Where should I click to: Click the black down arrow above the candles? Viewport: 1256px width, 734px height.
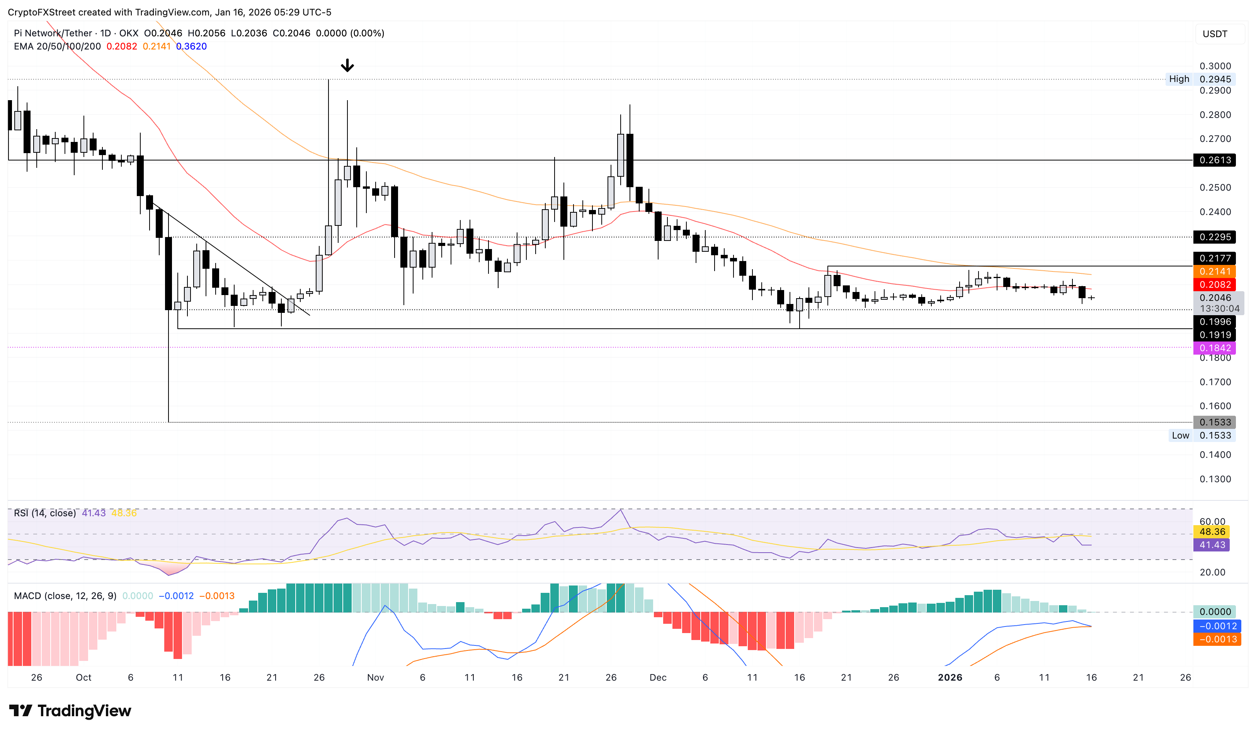click(x=347, y=65)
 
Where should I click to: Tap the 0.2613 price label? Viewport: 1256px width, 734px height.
click(x=1215, y=160)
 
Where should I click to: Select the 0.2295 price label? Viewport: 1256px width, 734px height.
click(x=1215, y=237)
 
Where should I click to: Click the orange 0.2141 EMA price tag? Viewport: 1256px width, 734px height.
click(x=1215, y=271)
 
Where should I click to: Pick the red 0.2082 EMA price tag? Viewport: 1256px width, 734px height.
click(x=1215, y=285)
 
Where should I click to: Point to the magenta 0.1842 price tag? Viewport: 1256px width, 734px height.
click(x=1215, y=348)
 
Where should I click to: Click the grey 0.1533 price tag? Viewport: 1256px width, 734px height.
click(x=1215, y=422)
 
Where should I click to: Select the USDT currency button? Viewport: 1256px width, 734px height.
click(x=1215, y=34)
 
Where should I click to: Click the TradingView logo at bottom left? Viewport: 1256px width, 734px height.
click(x=70, y=710)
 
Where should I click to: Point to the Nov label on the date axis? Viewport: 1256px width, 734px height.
click(x=375, y=677)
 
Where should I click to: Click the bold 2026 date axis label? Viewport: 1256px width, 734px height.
click(x=950, y=677)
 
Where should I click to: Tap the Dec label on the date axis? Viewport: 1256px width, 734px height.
click(x=658, y=677)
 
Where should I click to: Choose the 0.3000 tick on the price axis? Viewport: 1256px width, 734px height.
click(x=1215, y=66)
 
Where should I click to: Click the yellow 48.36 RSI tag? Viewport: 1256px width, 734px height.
click(x=1212, y=532)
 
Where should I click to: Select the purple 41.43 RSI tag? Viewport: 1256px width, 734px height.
click(x=1212, y=545)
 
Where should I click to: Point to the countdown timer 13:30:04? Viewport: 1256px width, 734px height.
click(x=1219, y=309)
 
